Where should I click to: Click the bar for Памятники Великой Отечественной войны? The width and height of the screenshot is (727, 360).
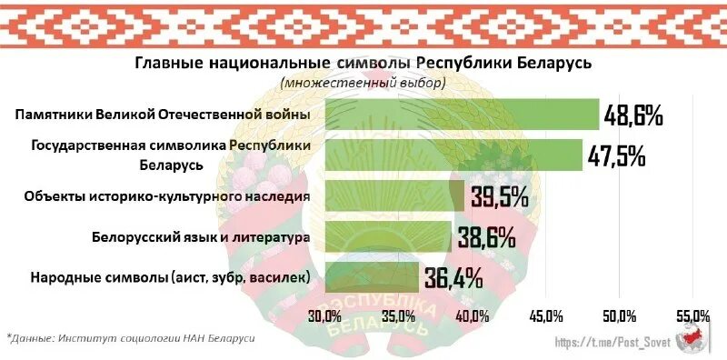462,115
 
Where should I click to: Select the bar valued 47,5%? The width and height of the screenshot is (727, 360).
453,155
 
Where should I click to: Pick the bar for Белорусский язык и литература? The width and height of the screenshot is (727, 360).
388,236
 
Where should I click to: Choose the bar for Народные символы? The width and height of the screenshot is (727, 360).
372,276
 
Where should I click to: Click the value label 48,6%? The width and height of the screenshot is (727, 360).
633,115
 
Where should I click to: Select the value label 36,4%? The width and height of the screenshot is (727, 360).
452,277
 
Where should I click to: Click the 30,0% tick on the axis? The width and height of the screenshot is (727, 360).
324,315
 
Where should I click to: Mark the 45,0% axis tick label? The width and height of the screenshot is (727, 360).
545,315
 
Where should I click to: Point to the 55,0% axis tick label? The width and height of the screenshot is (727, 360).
693,315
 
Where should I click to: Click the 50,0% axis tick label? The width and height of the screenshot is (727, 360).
619,315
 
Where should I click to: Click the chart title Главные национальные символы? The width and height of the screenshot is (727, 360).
363,63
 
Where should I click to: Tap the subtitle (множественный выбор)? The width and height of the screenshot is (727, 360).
363,83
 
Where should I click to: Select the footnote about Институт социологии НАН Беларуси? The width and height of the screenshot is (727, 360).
132,337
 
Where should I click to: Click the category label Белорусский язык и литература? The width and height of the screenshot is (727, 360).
202,236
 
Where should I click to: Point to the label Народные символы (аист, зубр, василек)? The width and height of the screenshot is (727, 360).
171,276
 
